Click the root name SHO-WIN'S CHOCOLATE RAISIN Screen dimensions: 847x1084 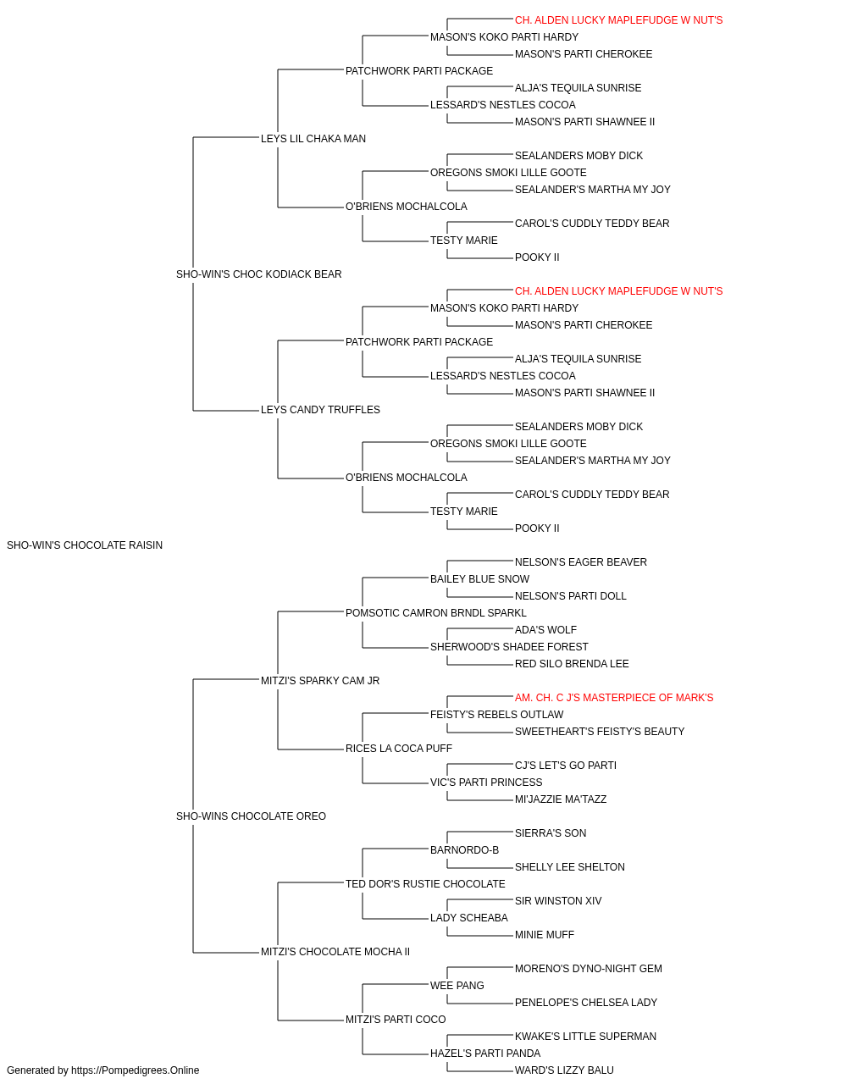pyautogui.click(x=85, y=545)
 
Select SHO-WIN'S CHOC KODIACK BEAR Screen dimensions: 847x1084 pyautogui.click(x=259, y=274)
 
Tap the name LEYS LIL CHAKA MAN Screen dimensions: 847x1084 pyautogui.click(x=313, y=139)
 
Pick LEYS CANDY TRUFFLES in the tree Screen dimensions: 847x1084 pyautogui.click(x=320, y=410)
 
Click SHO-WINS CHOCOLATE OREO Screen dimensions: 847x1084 pyautogui.click(x=251, y=816)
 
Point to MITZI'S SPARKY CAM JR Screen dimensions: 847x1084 pyautogui.click(x=320, y=680)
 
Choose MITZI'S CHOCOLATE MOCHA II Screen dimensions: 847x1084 pyautogui.click(x=335, y=952)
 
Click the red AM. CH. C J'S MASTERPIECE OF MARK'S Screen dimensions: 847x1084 pyautogui.click(x=614, y=697)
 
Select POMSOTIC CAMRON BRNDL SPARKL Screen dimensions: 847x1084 pyautogui.click(x=436, y=612)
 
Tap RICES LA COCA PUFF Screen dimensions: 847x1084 pyautogui.click(x=399, y=749)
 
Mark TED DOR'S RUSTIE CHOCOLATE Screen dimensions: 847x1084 pyautogui.click(x=425, y=884)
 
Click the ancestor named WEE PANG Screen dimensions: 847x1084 pyautogui.click(x=457, y=986)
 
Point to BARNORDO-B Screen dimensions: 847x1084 pyautogui.click(x=464, y=850)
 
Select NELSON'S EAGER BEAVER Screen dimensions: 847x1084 pyautogui.click(x=581, y=562)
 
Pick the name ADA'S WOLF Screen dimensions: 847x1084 pyautogui.click(x=545, y=629)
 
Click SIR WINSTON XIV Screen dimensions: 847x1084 pyautogui.click(x=558, y=901)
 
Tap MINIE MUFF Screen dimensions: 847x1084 pyautogui.click(x=545, y=935)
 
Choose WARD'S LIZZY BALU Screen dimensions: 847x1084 pyautogui.click(x=565, y=1070)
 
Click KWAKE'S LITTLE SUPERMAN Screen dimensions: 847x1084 pyautogui.click(x=585, y=1037)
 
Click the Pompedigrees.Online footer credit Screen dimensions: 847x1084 pyautogui.click(x=102, y=1070)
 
